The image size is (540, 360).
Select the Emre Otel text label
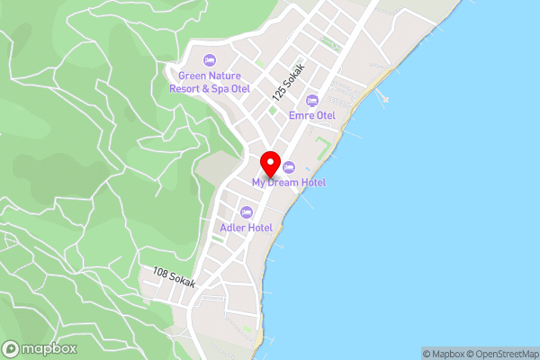click(x=312, y=115)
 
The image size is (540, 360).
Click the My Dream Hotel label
click(x=289, y=183)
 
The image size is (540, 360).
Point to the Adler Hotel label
click(x=247, y=228)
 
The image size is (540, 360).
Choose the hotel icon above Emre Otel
click(x=312, y=100)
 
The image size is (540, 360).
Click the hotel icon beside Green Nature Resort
click(x=209, y=61)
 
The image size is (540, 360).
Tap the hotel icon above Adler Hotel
click(x=247, y=212)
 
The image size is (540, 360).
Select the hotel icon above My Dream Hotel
click(x=289, y=167)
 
